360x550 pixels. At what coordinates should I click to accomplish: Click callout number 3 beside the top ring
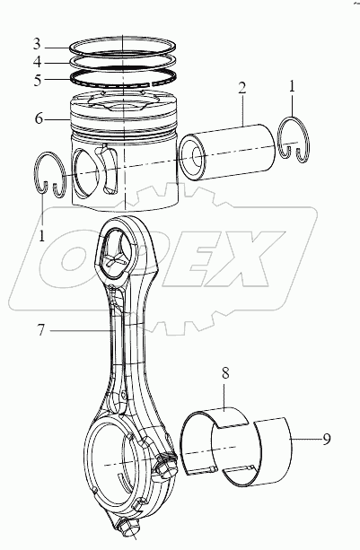click(x=37, y=44)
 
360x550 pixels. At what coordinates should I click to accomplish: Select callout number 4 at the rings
click(x=37, y=62)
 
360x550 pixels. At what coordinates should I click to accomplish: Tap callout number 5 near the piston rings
click(x=37, y=79)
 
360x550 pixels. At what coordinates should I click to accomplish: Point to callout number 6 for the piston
click(x=37, y=118)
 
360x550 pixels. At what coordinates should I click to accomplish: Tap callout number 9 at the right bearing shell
click(x=327, y=440)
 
